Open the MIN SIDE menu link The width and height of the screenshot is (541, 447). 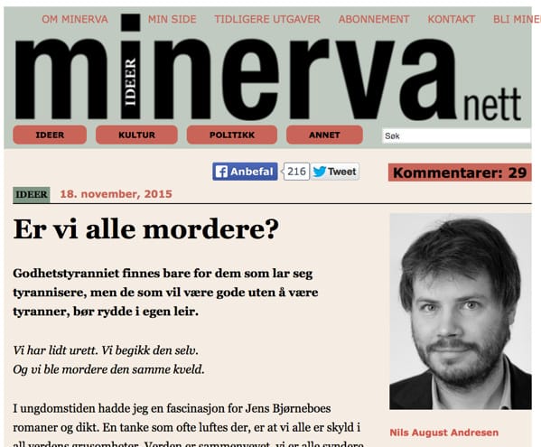click(x=172, y=18)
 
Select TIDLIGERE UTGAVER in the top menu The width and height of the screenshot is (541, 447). click(x=266, y=18)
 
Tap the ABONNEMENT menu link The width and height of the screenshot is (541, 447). click(x=374, y=18)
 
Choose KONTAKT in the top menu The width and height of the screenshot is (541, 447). click(x=452, y=18)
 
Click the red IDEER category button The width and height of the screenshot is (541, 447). click(x=50, y=135)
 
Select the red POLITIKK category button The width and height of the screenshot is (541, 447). click(x=232, y=135)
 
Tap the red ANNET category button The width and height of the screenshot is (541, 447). click(x=324, y=135)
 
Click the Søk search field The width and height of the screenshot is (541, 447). click(x=456, y=135)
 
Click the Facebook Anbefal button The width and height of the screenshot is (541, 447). click(x=245, y=172)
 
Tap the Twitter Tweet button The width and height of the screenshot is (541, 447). click(x=335, y=172)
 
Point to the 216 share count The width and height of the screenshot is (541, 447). click(x=296, y=172)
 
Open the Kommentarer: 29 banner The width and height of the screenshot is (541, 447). click(x=459, y=172)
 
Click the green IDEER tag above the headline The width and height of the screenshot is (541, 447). click(x=32, y=193)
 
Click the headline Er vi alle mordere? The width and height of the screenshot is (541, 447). click(x=145, y=229)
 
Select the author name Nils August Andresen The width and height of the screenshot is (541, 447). click(x=443, y=433)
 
